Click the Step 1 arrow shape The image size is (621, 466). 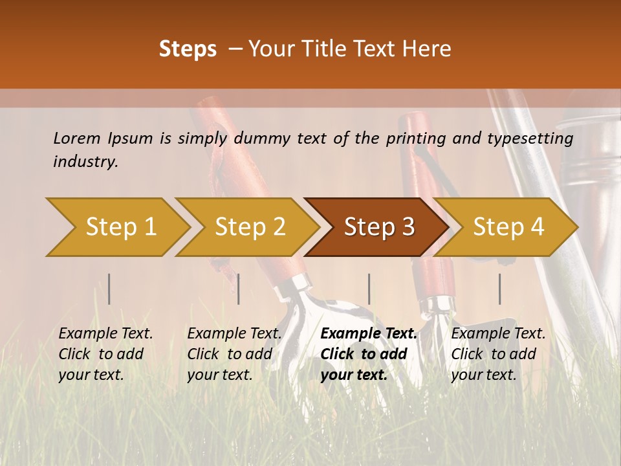[x=120, y=227]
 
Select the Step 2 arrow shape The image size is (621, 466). [x=250, y=227]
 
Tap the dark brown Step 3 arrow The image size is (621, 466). [x=379, y=227]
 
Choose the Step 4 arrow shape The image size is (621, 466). [x=508, y=227]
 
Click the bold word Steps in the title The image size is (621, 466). [x=188, y=49]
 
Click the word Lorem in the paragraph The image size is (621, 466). [x=77, y=139]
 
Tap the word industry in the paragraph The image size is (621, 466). [x=85, y=162]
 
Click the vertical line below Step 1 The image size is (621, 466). [x=109, y=289]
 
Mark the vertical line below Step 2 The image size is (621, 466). [x=239, y=289]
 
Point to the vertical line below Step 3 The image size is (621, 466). [x=369, y=289]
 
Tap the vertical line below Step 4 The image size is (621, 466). [x=499, y=289]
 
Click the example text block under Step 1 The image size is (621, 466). [x=105, y=354]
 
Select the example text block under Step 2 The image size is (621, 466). [x=234, y=354]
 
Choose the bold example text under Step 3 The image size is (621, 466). [x=369, y=354]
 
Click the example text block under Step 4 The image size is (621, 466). [x=498, y=354]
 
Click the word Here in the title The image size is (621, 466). [x=429, y=49]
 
